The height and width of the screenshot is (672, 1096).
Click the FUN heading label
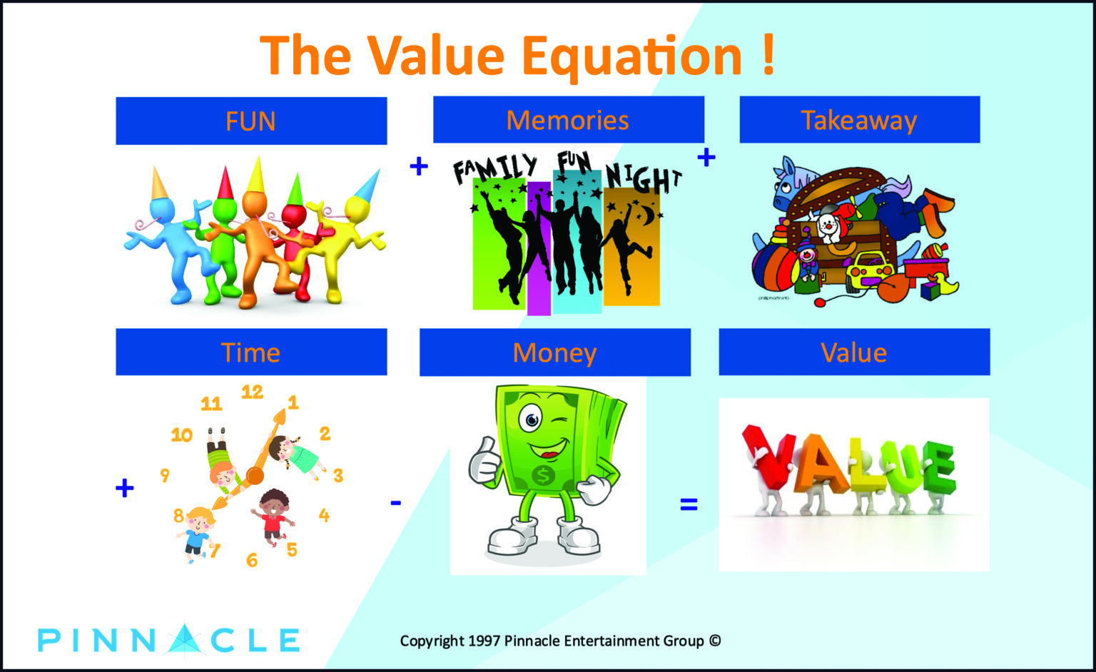(x=250, y=121)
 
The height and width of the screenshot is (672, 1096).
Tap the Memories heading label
(x=567, y=121)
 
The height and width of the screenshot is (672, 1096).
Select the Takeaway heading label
(x=859, y=121)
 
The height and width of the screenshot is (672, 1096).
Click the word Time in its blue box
(x=250, y=352)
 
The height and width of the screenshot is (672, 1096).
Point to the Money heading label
(x=555, y=354)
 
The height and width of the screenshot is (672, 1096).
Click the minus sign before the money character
(x=396, y=502)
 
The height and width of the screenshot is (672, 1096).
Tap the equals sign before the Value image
(x=689, y=504)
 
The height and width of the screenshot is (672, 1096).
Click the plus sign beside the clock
(x=124, y=488)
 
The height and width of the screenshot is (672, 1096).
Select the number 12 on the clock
(x=252, y=392)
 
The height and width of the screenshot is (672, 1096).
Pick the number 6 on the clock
(x=252, y=559)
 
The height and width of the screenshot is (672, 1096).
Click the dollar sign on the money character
(x=542, y=475)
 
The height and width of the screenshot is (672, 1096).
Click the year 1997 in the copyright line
(x=484, y=641)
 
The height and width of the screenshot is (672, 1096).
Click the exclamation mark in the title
(x=768, y=55)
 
